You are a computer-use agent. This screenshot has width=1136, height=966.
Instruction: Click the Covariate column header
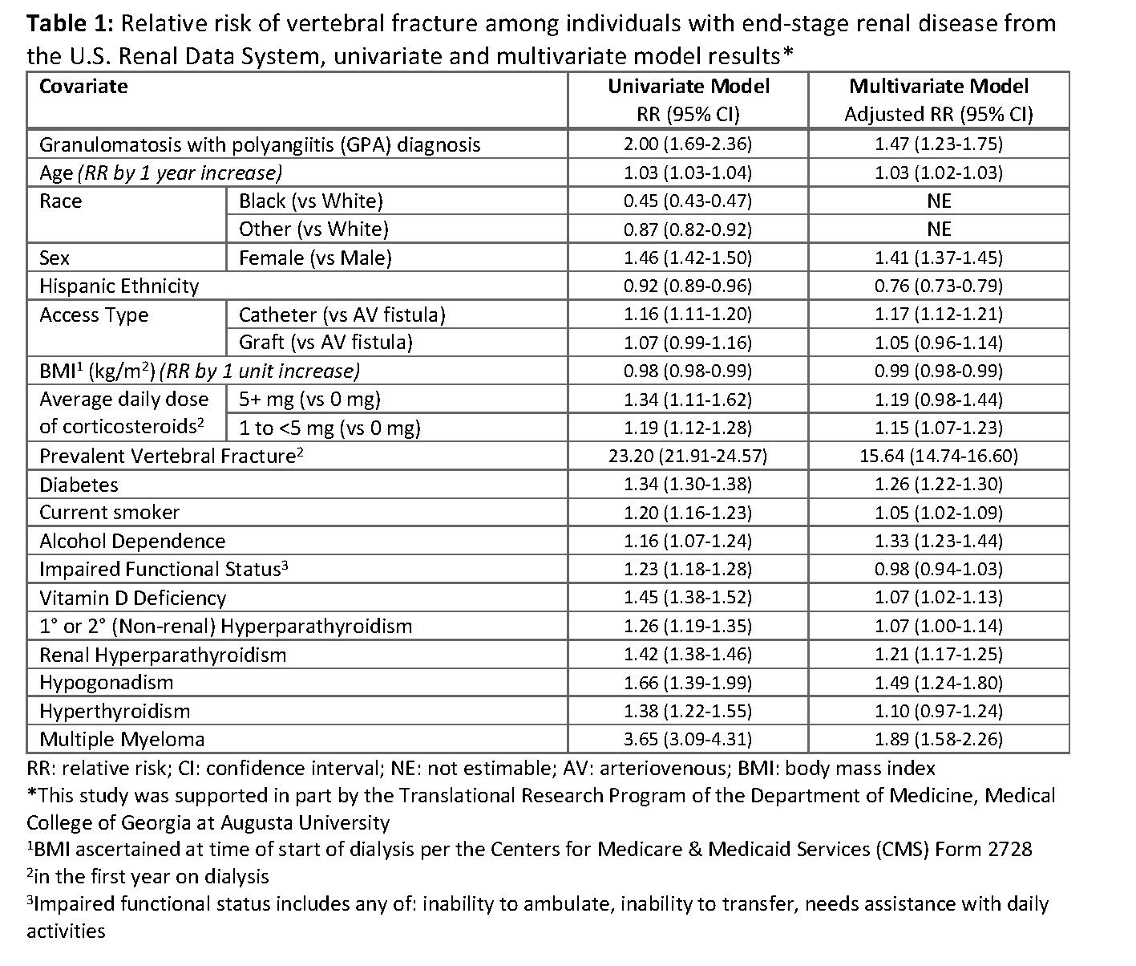click(x=83, y=87)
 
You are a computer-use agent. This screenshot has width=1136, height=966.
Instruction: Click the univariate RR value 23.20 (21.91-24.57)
click(x=688, y=457)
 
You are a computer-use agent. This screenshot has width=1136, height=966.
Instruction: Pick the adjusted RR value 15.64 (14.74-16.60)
click(x=938, y=457)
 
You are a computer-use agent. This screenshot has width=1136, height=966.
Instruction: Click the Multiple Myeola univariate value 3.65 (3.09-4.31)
click(x=688, y=740)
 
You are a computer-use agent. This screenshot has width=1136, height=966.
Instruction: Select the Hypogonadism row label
click(x=107, y=683)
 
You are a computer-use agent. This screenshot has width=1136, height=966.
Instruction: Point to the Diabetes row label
click(x=79, y=485)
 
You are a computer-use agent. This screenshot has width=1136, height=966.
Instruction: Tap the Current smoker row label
click(x=110, y=513)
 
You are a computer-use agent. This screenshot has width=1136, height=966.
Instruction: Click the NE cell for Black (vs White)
click(x=938, y=201)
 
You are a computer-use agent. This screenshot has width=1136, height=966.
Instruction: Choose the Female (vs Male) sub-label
click(x=315, y=258)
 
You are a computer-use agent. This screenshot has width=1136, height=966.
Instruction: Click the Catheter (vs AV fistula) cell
click(x=342, y=315)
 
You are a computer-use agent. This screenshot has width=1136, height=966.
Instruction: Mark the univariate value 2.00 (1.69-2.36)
click(x=688, y=144)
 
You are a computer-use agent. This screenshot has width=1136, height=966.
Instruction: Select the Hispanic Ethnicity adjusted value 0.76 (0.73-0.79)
click(x=938, y=286)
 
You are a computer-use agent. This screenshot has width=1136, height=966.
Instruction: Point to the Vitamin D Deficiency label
click(x=133, y=598)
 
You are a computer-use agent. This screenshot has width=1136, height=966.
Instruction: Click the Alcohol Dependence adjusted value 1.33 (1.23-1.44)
click(x=938, y=542)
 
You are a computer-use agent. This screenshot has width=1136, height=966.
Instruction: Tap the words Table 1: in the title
click(x=72, y=24)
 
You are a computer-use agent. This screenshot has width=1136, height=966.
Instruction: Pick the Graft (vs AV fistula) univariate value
click(x=688, y=343)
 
